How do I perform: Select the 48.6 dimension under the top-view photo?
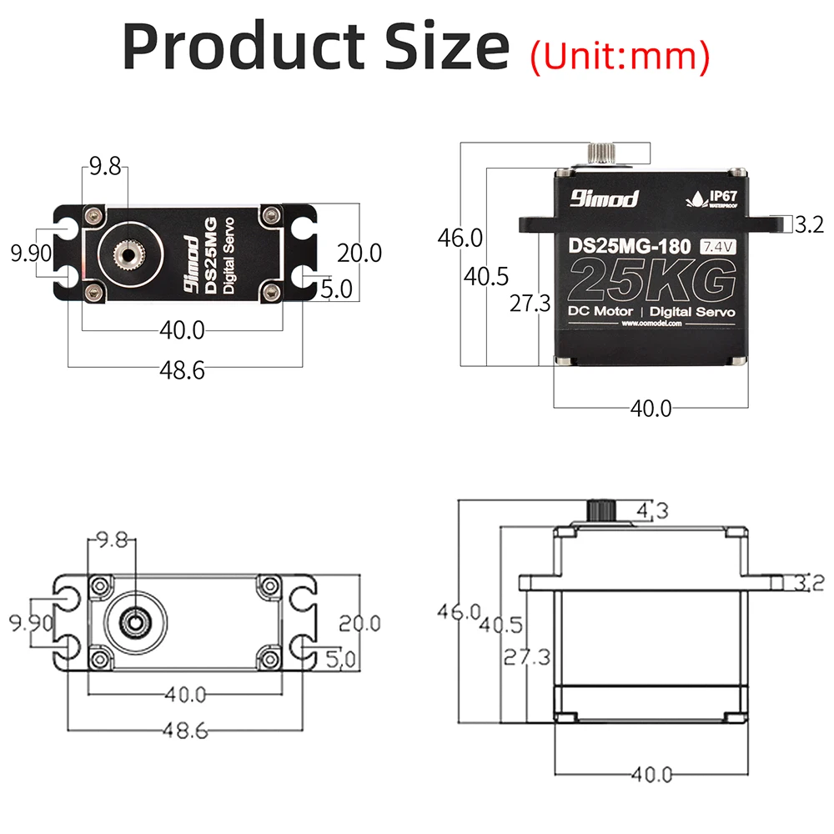182,370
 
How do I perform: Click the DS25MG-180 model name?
629,247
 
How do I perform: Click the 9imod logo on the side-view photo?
605,198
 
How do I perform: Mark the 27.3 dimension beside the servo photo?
530,304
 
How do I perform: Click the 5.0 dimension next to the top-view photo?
337,289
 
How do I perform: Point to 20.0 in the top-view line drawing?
359,622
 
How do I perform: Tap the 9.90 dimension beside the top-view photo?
30,252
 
